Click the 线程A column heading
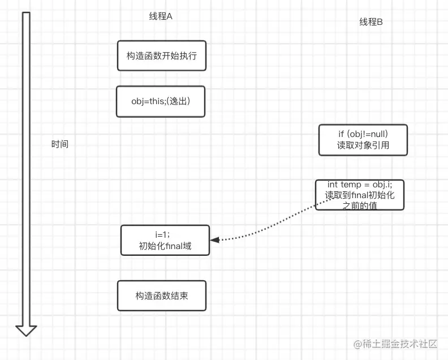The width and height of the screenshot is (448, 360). [161, 16]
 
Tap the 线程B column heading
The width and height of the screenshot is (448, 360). [371, 22]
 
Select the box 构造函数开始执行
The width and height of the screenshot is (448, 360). [162, 55]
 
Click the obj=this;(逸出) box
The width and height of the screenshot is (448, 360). [161, 102]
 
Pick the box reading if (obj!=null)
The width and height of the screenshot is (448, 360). [363, 140]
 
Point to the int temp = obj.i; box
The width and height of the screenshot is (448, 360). [360, 195]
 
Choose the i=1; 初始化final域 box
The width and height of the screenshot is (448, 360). [165, 240]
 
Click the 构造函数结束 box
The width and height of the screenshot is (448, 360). [162, 295]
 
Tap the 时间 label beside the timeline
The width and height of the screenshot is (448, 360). [59, 144]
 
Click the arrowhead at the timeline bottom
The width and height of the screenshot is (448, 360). [26, 330]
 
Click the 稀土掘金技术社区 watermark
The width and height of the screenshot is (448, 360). [396, 344]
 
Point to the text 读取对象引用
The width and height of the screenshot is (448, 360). [363, 145]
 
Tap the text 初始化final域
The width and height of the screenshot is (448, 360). [165, 246]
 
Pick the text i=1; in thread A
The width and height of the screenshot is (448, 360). [163, 234]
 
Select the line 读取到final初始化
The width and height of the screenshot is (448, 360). [360, 195]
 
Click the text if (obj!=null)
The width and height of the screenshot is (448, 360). [363, 134]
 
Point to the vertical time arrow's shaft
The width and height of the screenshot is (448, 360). [26, 170]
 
